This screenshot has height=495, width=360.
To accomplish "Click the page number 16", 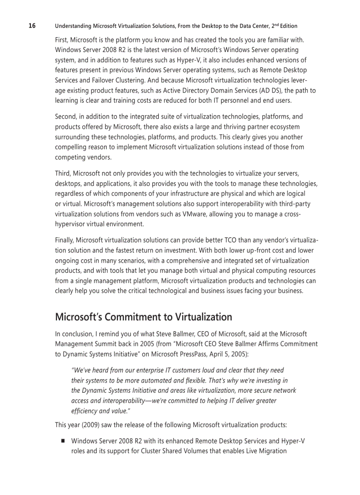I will coord(32,26).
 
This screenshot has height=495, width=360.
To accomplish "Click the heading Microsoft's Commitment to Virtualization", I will coord(143,317).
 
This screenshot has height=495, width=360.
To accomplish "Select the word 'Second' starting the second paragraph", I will coord(65,117).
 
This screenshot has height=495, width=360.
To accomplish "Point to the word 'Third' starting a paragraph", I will coord(63,174).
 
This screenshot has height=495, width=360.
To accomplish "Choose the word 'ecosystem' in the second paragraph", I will coord(291,127).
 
